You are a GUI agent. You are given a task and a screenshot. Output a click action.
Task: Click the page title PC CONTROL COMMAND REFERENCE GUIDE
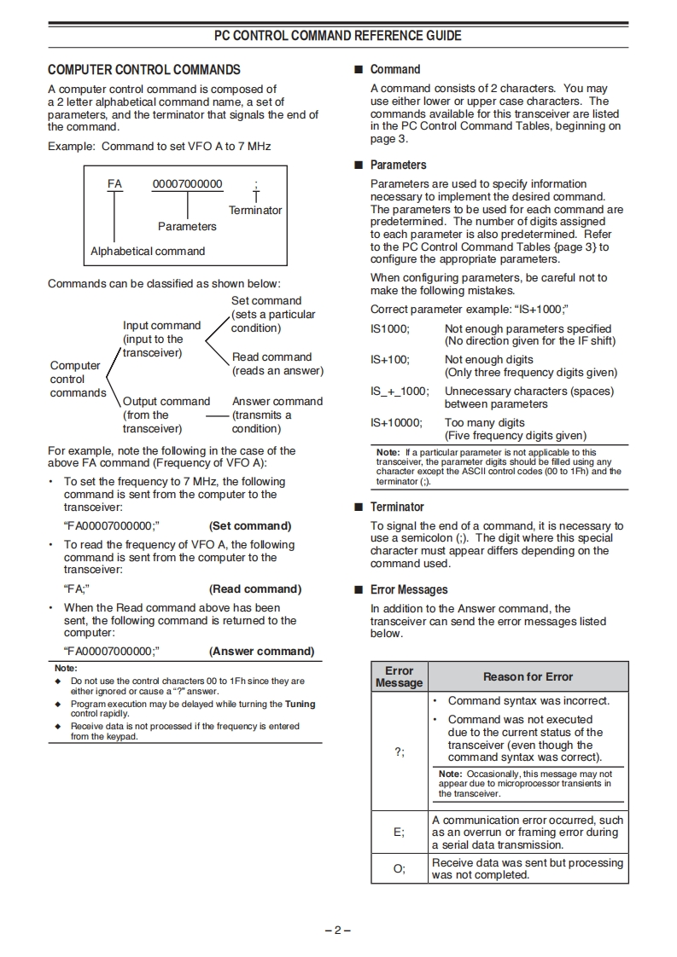tap(338, 36)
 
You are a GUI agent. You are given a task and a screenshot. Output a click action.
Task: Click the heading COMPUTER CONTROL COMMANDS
tap(144, 70)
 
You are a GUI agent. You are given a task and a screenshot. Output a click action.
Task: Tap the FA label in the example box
tap(114, 184)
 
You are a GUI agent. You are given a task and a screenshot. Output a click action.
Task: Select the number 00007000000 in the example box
tap(187, 184)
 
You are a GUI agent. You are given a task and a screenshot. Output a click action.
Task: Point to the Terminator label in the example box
tap(255, 211)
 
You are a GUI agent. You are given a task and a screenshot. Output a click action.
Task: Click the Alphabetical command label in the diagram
tap(148, 252)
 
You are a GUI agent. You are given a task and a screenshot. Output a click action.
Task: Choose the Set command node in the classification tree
tap(266, 301)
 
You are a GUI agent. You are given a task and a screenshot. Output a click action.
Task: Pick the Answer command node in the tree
tap(277, 402)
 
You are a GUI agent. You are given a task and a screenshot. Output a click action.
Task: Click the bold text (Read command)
tap(255, 589)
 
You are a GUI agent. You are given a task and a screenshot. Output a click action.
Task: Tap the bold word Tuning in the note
tap(300, 705)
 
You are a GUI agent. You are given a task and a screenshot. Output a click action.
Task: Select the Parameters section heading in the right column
tap(398, 165)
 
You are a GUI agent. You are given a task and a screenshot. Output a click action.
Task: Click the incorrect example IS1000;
tap(390, 329)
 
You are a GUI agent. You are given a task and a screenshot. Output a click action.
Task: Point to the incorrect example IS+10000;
tap(396, 423)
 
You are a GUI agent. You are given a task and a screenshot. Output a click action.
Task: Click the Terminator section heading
tap(397, 507)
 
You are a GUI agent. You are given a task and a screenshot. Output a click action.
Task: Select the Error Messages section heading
tap(408, 590)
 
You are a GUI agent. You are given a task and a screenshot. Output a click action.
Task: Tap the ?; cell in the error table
tap(399, 751)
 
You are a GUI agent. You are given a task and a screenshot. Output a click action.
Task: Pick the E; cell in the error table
tap(399, 832)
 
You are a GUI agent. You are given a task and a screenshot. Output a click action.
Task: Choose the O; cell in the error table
tap(399, 868)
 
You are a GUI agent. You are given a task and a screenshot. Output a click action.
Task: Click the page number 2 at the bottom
tap(338, 930)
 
